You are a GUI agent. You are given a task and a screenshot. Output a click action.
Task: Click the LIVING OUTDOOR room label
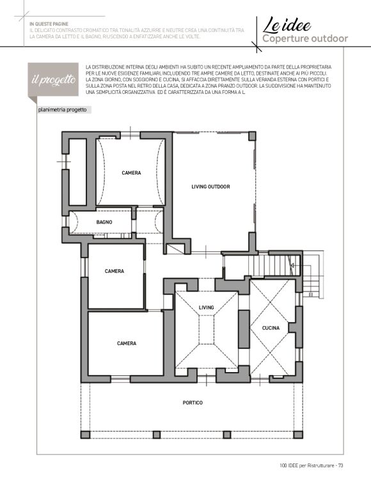(x=210, y=187)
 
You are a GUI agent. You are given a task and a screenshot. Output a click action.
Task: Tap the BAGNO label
(x=104, y=222)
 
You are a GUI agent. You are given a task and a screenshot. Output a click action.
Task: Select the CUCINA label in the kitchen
(x=271, y=328)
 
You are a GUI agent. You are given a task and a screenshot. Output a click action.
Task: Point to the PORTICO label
(x=193, y=402)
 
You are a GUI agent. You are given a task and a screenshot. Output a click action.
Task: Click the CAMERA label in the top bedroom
(x=131, y=173)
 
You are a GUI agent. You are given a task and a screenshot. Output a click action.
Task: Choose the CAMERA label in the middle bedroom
(x=114, y=271)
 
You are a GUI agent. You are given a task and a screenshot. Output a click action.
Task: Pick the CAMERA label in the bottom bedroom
(x=127, y=343)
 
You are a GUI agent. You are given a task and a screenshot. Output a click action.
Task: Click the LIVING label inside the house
(x=206, y=307)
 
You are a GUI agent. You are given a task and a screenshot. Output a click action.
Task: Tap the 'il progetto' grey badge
(x=53, y=80)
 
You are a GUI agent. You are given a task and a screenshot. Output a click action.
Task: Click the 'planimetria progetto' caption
(x=63, y=110)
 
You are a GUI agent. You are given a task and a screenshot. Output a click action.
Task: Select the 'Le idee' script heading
(x=287, y=25)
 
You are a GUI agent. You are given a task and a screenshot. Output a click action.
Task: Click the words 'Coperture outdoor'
(x=305, y=39)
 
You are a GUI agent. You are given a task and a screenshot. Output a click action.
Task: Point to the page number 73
(x=340, y=465)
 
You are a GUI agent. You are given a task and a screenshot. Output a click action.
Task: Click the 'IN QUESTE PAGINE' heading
(x=49, y=24)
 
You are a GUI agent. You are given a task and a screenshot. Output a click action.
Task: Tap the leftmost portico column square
(x=85, y=435)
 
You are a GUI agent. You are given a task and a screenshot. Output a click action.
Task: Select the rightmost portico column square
(x=298, y=435)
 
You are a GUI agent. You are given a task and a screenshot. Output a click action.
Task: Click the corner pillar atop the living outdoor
(x=252, y=136)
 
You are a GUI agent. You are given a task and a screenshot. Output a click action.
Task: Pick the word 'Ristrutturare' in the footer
(x=320, y=465)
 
